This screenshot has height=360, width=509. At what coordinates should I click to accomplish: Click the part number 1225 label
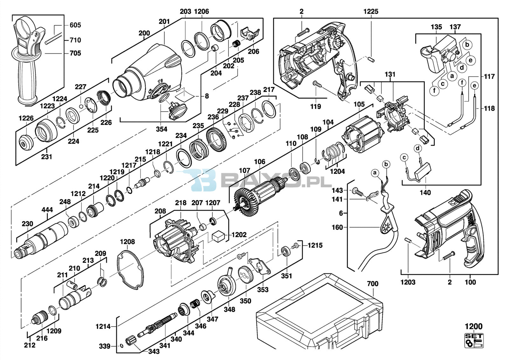click(371, 11)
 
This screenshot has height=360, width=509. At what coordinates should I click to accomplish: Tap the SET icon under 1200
click(474, 340)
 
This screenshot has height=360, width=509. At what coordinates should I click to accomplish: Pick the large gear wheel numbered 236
click(217, 139)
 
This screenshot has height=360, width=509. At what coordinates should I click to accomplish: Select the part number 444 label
click(47, 209)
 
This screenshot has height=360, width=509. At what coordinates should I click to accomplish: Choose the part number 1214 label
click(103, 327)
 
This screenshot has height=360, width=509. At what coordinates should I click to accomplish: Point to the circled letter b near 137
click(467, 45)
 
